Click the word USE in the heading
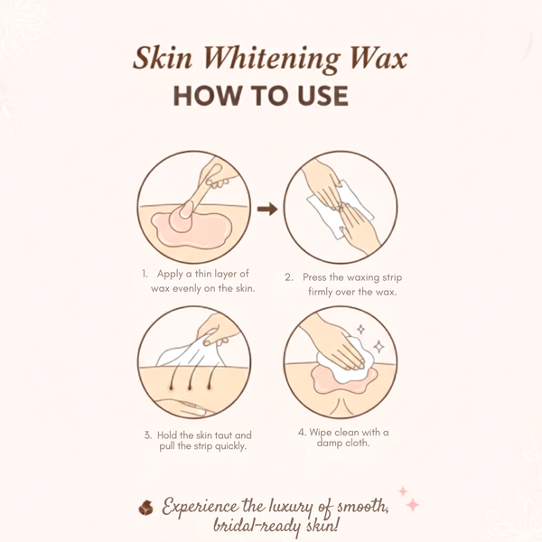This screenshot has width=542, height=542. pos(317,96)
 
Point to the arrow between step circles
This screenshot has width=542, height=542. pos(266,210)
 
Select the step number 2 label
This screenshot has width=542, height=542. pos(289,277)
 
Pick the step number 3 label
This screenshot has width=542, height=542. pos(147,435)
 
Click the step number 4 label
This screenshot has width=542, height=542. pos(300,432)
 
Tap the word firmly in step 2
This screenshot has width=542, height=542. pos(316,292)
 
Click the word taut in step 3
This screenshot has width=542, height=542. pos(231,435)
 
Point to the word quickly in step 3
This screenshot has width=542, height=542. pos(230,447)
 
